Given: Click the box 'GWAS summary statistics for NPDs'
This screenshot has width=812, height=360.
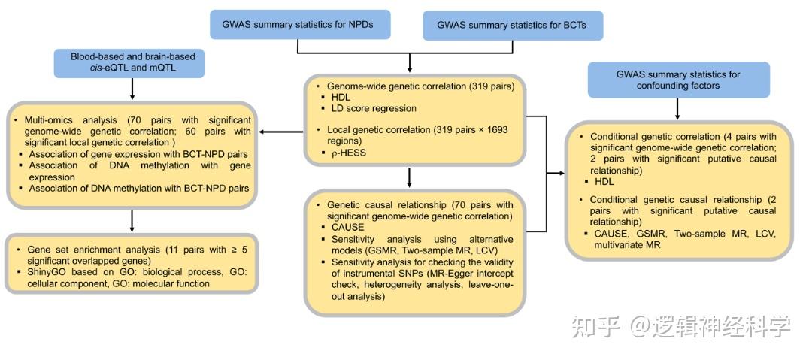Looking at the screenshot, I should (x=301, y=26).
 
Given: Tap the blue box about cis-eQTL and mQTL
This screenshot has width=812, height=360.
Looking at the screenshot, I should (x=132, y=62).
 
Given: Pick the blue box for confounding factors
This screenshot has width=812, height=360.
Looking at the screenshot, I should (x=678, y=80).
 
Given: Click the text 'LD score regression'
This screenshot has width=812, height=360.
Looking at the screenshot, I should (x=374, y=108).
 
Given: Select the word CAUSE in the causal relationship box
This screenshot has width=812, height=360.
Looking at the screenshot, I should (x=347, y=227).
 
